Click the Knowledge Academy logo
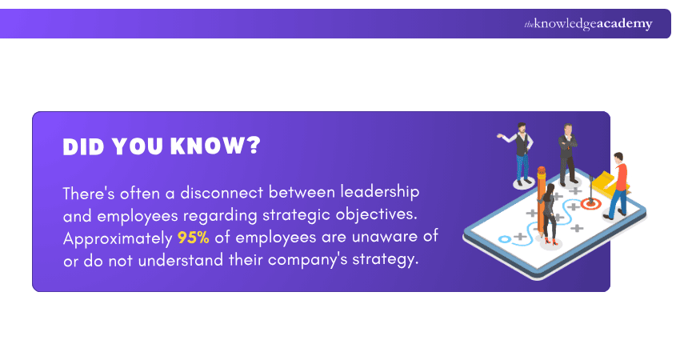pos(588,24)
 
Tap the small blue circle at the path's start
pos(504,238)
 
